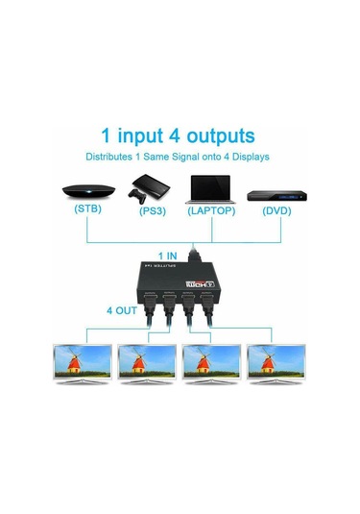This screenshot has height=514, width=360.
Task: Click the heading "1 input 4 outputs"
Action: [179, 135]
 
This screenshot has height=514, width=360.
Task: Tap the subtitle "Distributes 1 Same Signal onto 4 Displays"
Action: [179, 157]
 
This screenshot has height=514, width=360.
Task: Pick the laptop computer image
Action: [212, 188]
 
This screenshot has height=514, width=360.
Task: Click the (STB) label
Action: [87, 209]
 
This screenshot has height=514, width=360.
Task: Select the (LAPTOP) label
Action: [211, 209]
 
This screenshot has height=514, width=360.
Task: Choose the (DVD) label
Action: [273, 209]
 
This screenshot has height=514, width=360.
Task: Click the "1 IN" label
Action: [168, 256]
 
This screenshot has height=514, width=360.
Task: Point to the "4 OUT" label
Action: [122, 309]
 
